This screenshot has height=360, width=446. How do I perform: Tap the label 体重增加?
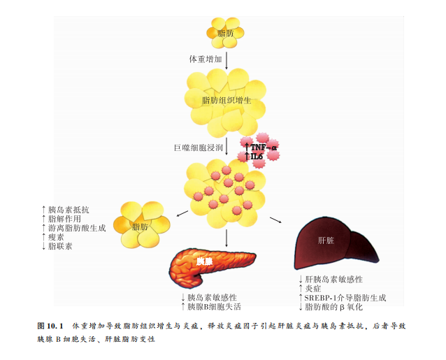click(206, 59)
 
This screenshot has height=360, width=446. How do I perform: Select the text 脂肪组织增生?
click(226, 101)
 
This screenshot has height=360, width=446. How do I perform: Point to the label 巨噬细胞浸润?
click(199, 147)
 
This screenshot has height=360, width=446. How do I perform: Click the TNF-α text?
click(264, 147)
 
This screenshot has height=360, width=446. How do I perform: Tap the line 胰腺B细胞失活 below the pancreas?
click(215, 306)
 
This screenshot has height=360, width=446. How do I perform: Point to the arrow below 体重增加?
click(226, 71)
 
